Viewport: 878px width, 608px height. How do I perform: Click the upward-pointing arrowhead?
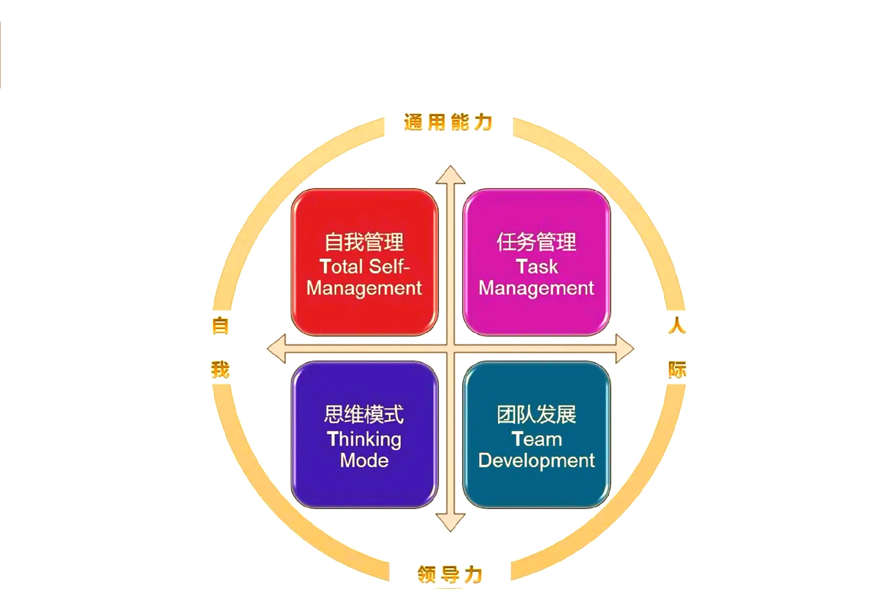[x=450, y=175]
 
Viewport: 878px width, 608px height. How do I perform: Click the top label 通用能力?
[x=448, y=122]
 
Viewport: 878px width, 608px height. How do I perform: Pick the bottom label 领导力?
[x=450, y=574]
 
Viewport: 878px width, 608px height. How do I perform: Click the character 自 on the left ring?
[x=220, y=326]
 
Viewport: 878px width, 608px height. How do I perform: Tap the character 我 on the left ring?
[x=220, y=369]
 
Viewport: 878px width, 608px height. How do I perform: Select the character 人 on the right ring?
[x=677, y=326]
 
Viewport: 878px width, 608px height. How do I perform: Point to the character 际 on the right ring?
[x=677, y=369]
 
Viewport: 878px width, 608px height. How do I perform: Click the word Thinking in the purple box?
[x=364, y=440]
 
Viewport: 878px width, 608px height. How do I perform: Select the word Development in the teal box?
[x=536, y=461]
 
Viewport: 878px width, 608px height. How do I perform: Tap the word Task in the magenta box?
[x=537, y=266]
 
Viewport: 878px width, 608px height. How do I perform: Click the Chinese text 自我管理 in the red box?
[x=364, y=242]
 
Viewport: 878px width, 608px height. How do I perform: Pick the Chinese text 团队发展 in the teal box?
[x=536, y=414]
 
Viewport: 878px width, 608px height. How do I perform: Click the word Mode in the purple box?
[x=364, y=461]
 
